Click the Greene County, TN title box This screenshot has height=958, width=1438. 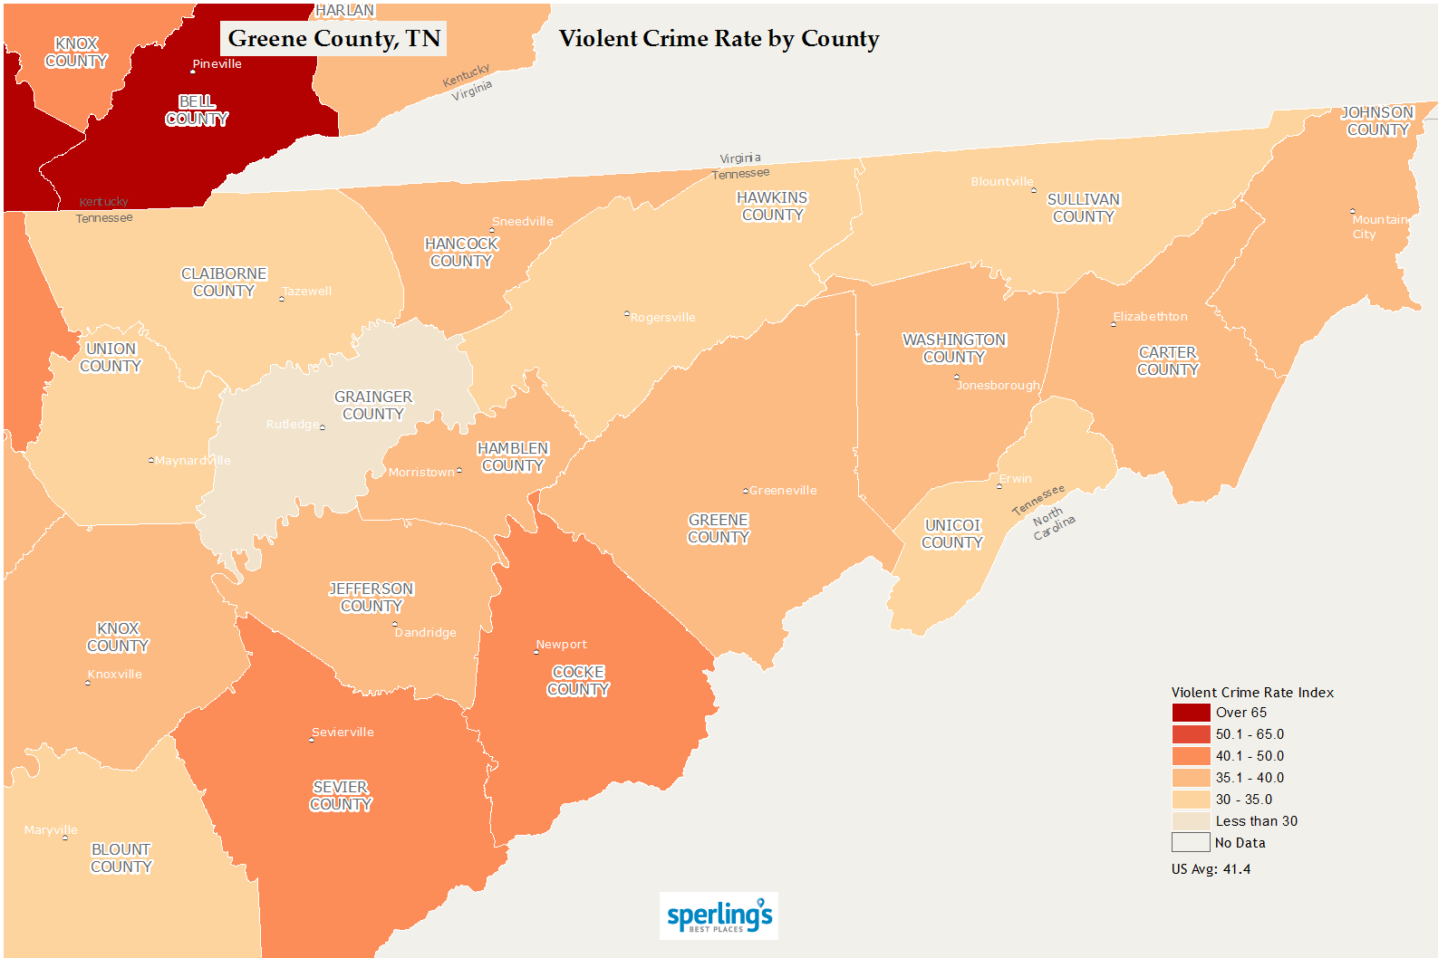333,39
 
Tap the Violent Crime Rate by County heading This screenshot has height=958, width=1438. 719,39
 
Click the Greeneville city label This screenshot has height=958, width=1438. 782,491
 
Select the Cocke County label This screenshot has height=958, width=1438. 578,681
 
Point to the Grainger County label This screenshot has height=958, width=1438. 373,406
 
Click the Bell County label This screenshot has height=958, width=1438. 197,110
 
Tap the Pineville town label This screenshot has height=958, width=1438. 217,64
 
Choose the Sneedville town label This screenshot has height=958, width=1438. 522,222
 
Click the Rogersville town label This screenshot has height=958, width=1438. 662,318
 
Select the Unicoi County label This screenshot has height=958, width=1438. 952,534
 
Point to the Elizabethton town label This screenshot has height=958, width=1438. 1150,317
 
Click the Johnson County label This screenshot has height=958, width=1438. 1377,121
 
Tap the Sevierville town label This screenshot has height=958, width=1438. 343,733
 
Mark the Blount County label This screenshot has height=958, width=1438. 121,858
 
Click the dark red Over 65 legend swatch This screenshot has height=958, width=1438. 1191,713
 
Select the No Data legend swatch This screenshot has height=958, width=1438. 1191,843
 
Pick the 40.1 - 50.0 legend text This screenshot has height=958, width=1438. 1250,756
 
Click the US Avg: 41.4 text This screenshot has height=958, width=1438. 1211,869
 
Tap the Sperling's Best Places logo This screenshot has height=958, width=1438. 719,916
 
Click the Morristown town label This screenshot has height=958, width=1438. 421,473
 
